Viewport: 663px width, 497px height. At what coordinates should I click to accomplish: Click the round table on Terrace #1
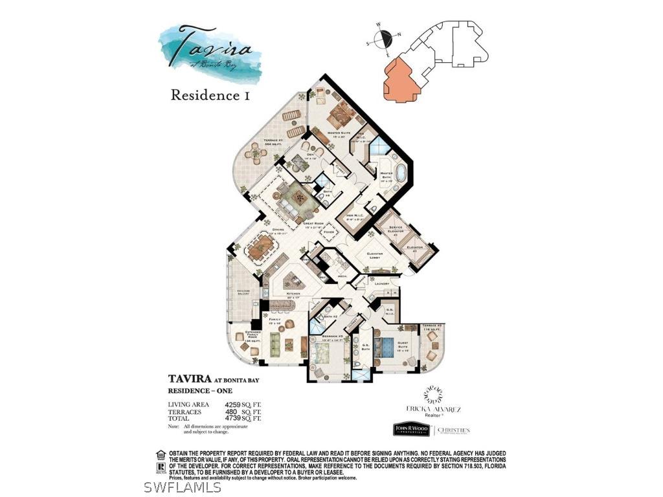[x=258, y=154]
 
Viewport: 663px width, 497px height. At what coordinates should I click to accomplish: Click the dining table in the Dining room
[x=258, y=247]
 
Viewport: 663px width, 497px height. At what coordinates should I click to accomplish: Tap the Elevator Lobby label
[x=374, y=254]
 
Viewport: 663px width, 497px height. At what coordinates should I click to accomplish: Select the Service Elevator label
[x=396, y=228]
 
